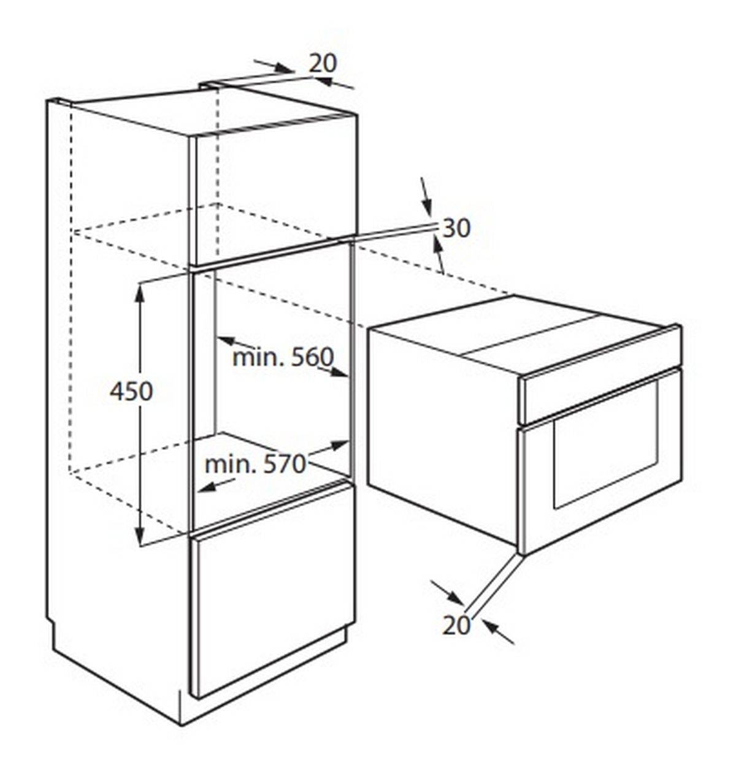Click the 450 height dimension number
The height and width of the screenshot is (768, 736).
(x=131, y=392)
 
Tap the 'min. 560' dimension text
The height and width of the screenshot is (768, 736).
(x=283, y=357)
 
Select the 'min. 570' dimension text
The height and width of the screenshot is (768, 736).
(x=256, y=464)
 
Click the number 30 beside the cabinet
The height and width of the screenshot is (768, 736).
(x=456, y=228)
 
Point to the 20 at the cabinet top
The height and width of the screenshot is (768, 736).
(x=323, y=63)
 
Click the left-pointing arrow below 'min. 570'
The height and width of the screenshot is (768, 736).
(x=217, y=485)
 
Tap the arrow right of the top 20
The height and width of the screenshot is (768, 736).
(x=334, y=83)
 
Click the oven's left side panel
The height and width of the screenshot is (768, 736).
(x=443, y=431)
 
